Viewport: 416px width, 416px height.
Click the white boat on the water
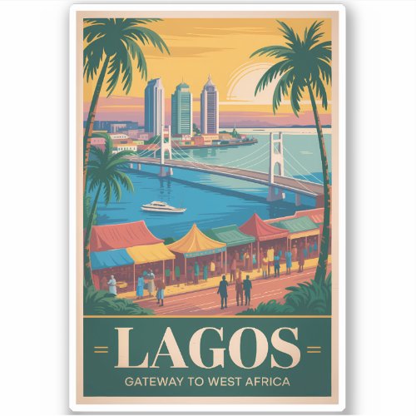coord(163,207)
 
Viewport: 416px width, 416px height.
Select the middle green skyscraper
coord(181,109)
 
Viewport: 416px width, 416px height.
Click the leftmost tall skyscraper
coord(155,106)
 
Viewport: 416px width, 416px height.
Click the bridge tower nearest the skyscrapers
coord(166,145)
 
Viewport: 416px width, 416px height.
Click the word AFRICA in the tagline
coord(265,382)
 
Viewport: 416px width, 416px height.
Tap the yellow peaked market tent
coord(196,240)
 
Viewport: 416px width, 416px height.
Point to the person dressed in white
coord(112,285)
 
